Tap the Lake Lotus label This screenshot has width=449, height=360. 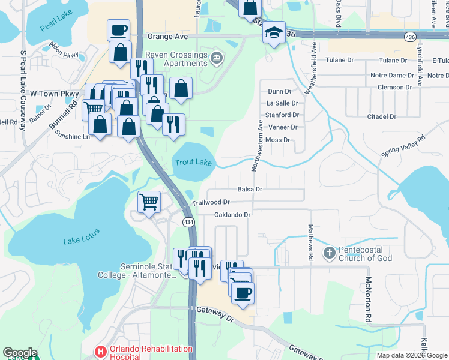tap(82, 241)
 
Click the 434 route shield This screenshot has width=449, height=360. tap(188, 222)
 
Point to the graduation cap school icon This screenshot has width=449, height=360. tap(273, 33)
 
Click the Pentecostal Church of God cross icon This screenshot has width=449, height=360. tap(328, 253)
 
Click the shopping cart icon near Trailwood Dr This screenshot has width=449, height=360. tap(148, 202)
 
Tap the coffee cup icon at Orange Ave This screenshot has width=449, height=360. tap(119, 30)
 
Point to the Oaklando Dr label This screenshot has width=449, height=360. tap(232, 214)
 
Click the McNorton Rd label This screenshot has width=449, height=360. tap(367, 300)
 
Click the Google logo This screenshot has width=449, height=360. tap(20, 353)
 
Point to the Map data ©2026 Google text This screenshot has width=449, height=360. tap(411, 355)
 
